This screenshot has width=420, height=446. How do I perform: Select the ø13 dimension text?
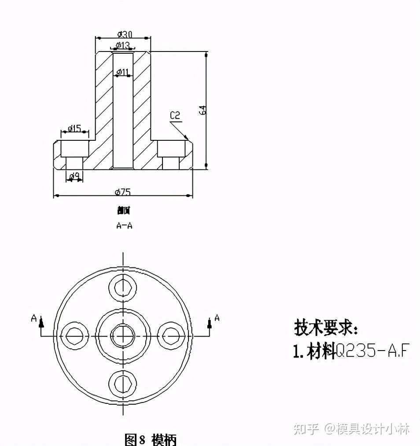tap(123, 45)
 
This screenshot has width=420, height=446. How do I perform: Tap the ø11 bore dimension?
tap(123, 72)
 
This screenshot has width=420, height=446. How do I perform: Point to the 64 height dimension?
tap(203, 110)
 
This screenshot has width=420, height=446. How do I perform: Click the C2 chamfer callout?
tap(175, 116)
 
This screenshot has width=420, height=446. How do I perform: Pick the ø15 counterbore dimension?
tap(74, 128)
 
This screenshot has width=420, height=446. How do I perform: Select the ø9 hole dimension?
tap(75, 176)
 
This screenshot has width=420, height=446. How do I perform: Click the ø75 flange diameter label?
tap(123, 192)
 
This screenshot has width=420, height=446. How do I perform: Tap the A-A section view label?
tap(124, 226)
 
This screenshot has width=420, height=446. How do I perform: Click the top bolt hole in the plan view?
tap(123, 288)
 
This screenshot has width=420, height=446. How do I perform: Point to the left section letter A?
tap(33, 318)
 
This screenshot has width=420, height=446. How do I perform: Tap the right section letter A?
tap(217, 317)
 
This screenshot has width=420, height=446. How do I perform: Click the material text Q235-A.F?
tap(372, 351)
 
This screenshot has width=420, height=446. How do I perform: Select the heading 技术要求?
tap(326, 328)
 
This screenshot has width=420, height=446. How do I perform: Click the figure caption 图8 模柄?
tap(151, 439)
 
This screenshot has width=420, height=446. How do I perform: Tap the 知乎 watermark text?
tap(306, 428)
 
